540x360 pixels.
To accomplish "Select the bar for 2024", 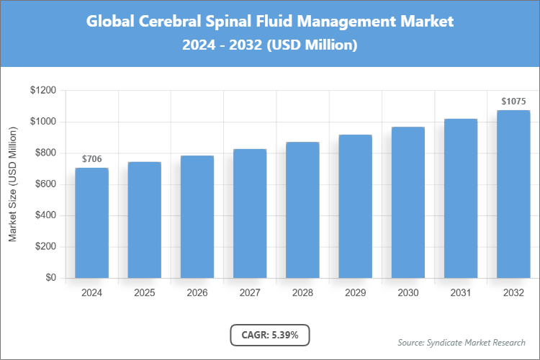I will [x=91, y=223].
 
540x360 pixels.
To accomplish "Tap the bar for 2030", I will [x=408, y=202].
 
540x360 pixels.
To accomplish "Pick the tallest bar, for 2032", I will [x=513, y=194].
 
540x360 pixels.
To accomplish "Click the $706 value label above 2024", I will [x=91, y=158].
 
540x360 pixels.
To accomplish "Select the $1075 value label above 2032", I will [x=513, y=102].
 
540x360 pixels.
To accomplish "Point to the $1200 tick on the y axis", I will [x=43, y=91].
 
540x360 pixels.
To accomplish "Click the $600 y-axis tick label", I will [x=45, y=184].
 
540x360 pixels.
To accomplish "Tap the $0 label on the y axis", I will [x=50, y=278].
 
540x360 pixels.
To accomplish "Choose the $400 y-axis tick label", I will [x=45, y=216].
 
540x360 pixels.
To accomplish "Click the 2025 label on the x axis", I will [x=144, y=293].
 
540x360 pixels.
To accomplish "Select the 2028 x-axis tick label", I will [x=302, y=293].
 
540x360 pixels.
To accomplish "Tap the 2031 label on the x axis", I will [x=461, y=293].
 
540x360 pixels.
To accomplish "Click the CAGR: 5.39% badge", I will [x=269, y=335].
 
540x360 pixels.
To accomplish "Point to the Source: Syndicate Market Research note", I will [x=462, y=342].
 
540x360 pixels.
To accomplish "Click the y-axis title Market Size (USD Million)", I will [x=12, y=186].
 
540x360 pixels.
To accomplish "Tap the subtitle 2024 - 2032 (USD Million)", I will [x=270, y=45].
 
